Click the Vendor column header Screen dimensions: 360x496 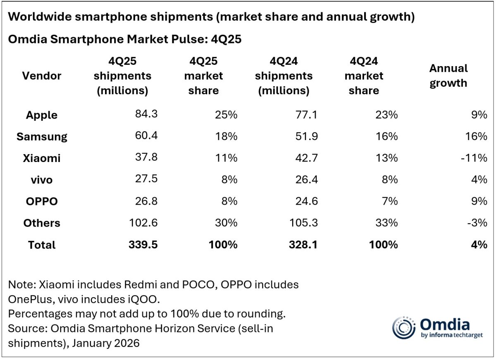pyautogui.click(x=42, y=76)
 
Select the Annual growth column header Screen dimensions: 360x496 pyautogui.click(x=448, y=76)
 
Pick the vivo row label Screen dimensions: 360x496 pyautogui.click(x=42, y=180)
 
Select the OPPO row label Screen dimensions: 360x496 pyautogui.click(x=42, y=201)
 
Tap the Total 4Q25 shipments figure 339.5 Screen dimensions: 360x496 pyautogui.click(x=143, y=245)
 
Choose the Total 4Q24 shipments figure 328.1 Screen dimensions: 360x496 pyautogui.click(x=303, y=245)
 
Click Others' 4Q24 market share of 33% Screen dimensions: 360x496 pyautogui.click(x=387, y=223)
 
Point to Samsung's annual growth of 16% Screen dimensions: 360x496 pyautogui.click(x=477, y=136)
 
